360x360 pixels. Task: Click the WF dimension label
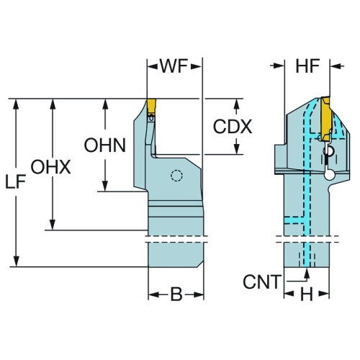[174, 66]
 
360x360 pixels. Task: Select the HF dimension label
[307, 66]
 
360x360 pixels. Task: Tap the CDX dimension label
[233, 127]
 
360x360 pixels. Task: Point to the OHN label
[105, 145]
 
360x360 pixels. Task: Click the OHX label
[51, 167]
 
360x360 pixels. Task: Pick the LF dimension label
[15, 181]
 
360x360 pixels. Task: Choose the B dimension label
[176, 294]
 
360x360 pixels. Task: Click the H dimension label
[307, 294]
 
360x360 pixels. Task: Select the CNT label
[262, 282]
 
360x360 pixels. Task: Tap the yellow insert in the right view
[325, 119]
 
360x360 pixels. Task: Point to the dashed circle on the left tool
[176, 176]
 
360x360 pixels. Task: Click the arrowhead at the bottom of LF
[16, 261]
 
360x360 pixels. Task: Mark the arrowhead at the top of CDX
[237, 104]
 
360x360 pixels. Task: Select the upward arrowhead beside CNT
[307, 273]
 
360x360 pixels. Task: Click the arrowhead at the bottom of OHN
[105, 186]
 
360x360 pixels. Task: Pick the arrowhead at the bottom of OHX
[53, 225]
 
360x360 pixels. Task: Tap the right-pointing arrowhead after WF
[196, 66]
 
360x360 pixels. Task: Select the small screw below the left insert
[151, 118]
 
